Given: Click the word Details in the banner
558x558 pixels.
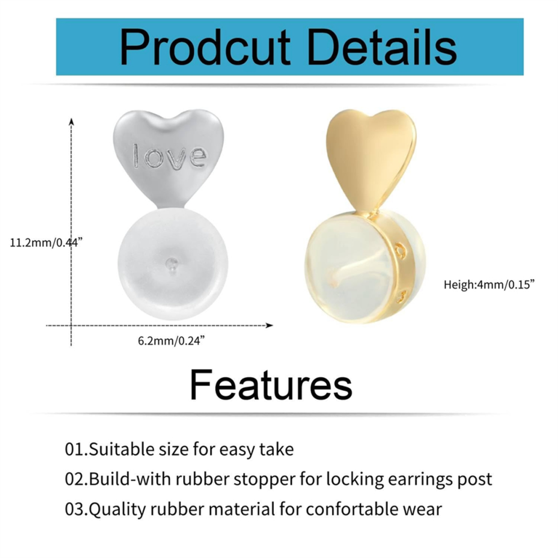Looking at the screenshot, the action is (x=382, y=47).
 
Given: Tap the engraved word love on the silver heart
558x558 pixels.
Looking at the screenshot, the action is (x=170, y=156).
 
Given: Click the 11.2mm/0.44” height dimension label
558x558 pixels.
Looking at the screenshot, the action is (x=46, y=243).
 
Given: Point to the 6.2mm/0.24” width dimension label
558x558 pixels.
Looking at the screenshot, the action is (x=171, y=340).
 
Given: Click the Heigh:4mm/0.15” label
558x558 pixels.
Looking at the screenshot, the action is (x=489, y=284).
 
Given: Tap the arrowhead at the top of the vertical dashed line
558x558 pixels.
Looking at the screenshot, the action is (x=72, y=122).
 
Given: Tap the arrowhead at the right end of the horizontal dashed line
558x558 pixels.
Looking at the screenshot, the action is (x=269, y=325).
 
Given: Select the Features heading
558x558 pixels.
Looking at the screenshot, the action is (x=271, y=385).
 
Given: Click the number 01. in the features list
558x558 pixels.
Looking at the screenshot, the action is (x=76, y=449).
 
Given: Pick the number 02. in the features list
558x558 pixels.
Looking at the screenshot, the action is (x=76, y=479).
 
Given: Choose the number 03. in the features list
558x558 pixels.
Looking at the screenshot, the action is (x=76, y=509).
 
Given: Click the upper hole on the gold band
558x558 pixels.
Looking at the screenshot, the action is (x=401, y=250).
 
